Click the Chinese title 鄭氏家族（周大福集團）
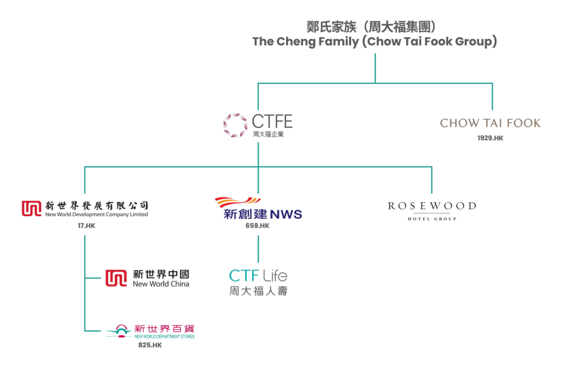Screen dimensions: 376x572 [375, 26]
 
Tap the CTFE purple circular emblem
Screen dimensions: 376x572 [235, 126]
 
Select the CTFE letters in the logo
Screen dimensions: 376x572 [272, 121]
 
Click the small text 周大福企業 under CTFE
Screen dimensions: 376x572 [268, 135]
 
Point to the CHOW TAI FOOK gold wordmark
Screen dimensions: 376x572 [490, 123]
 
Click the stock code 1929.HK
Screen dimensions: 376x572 [490, 138]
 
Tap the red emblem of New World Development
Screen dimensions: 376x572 [31, 209]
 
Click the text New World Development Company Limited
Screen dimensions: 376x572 [96, 215]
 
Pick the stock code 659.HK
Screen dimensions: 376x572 [258, 226]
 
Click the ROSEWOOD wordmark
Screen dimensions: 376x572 [432, 205]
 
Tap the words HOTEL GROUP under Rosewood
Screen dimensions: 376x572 [432, 219]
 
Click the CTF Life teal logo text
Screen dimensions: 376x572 [258, 275]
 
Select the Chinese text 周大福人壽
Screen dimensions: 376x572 [258, 291]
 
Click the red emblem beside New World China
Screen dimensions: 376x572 [116, 278]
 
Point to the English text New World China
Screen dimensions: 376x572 [161, 284]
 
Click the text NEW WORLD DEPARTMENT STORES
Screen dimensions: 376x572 [164, 337]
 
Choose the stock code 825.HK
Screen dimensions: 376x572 [150, 345]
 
